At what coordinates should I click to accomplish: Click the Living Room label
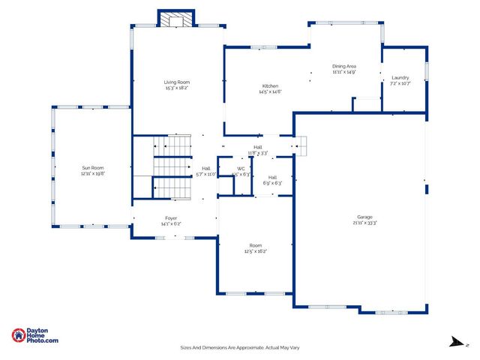(177, 82)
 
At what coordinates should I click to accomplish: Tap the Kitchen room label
(270, 86)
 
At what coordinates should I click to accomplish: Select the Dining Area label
(343, 66)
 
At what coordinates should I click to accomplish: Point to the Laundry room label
(400, 78)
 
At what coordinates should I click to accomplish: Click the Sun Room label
(93, 167)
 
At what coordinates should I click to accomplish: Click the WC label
(241, 169)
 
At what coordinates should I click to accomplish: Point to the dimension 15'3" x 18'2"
(177, 88)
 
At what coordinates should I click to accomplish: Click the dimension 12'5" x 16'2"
(256, 251)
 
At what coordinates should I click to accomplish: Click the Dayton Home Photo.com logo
(35, 336)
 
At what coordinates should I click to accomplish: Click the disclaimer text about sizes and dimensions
(240, 347)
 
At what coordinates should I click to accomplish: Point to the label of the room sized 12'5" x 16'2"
(256, 245)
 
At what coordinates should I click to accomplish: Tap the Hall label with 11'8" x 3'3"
(258, 147)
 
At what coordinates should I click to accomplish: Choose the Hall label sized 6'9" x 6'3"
(273, 177)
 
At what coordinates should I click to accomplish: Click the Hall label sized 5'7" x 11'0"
(205, 168)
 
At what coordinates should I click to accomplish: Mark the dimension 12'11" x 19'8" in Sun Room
(93, 173)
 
